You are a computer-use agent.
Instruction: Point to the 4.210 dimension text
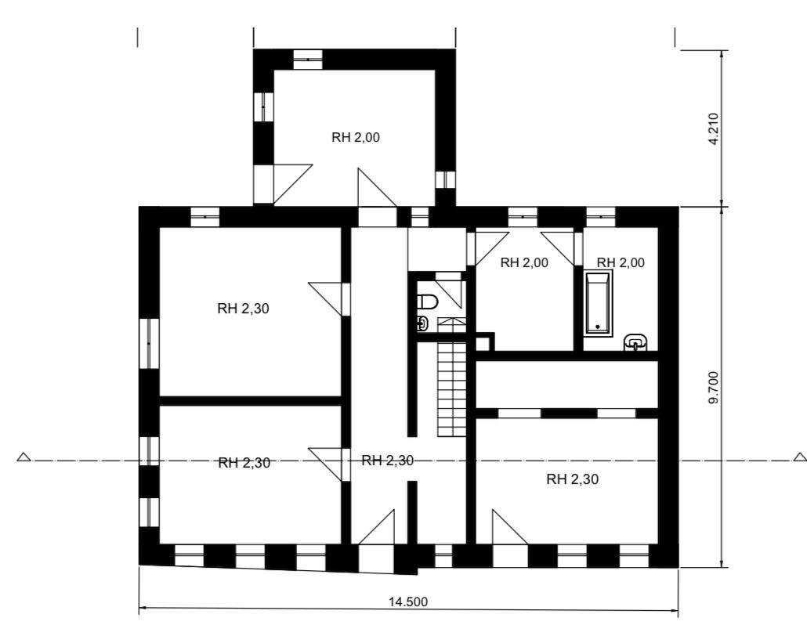tap(712, 129)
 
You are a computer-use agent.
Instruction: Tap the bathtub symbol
tap(599, 302)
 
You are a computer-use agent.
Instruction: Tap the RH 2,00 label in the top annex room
tap(356, 137)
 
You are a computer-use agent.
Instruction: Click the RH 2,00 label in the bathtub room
tap(621, 262)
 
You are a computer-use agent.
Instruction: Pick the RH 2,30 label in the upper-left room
tap(243, 309)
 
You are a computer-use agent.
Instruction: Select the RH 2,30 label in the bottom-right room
tap(572, 479)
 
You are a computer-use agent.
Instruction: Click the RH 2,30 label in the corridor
tap(387, 461)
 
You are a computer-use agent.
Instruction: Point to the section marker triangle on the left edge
tap(24, 457)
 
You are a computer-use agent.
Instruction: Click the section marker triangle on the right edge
tap(799, 457)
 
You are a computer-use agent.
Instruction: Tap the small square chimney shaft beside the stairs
tap(482, 342)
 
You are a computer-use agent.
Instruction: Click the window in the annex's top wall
tap(308, 59)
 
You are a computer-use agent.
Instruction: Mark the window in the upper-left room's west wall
tap(149, 342)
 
